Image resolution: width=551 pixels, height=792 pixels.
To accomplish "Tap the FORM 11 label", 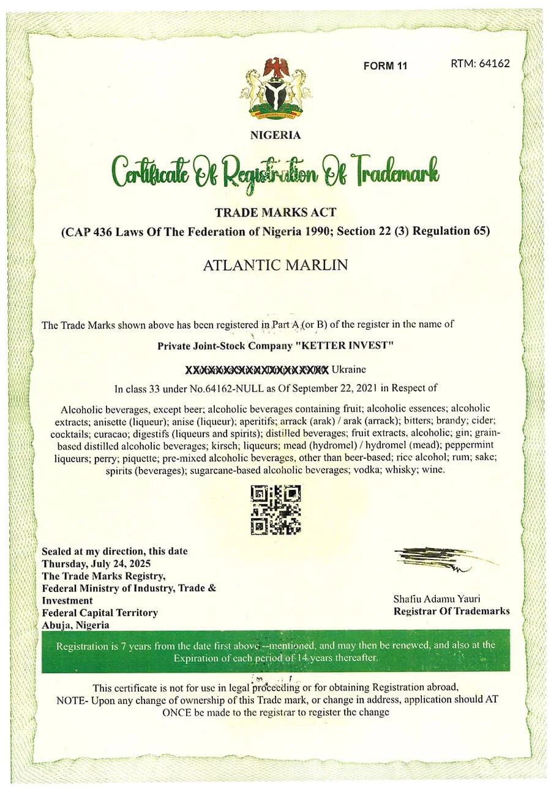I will tap(385, 66).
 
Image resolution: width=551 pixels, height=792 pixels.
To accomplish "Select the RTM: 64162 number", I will tap(480, 63).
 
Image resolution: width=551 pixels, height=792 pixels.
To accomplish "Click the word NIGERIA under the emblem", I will tap(275, 135).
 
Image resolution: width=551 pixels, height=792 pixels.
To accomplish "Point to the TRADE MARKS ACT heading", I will tap(275, 212).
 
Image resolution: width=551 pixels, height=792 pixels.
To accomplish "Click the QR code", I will tap(276, 509).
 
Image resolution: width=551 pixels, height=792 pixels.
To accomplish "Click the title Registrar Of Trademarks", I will tap(451, 611).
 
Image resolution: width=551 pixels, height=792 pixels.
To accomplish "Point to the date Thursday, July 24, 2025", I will tap(96, 563).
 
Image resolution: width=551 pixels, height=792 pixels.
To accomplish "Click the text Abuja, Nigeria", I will tap(76, 624).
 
